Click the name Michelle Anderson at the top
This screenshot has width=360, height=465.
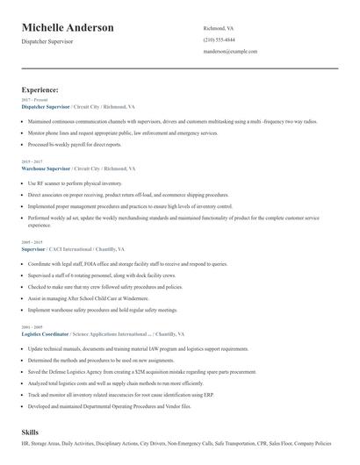pyautogui.click(x=68, y=28)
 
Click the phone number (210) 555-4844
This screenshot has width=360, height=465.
pyautogui.click(x=219, y=40)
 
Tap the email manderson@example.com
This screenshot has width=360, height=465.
pyautogui.click(x=230, y=52)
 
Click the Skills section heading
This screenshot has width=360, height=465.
pyautogui.click(x=31, y=433)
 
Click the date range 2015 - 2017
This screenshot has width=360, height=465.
pyautogui.click(x=32, y=161)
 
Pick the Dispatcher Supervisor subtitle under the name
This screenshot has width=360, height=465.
pyautogui.click(x=47, y=41)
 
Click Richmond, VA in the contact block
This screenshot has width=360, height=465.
pyautogui.click(x=219, y=28)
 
